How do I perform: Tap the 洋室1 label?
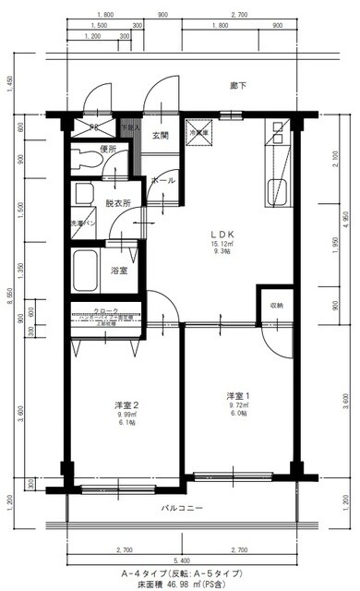tap(237, 396)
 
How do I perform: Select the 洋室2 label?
tap(126, 405)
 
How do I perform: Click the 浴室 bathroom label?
tap(119, 271)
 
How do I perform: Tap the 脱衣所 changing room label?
tap(117, 202)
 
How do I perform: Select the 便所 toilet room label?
tap(109, 148)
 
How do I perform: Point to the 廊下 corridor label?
tap(238, 86)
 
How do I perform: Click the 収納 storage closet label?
tap(276, 305)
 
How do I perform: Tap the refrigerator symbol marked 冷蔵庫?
tap(199, 133)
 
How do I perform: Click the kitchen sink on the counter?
tap(276, 195)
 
